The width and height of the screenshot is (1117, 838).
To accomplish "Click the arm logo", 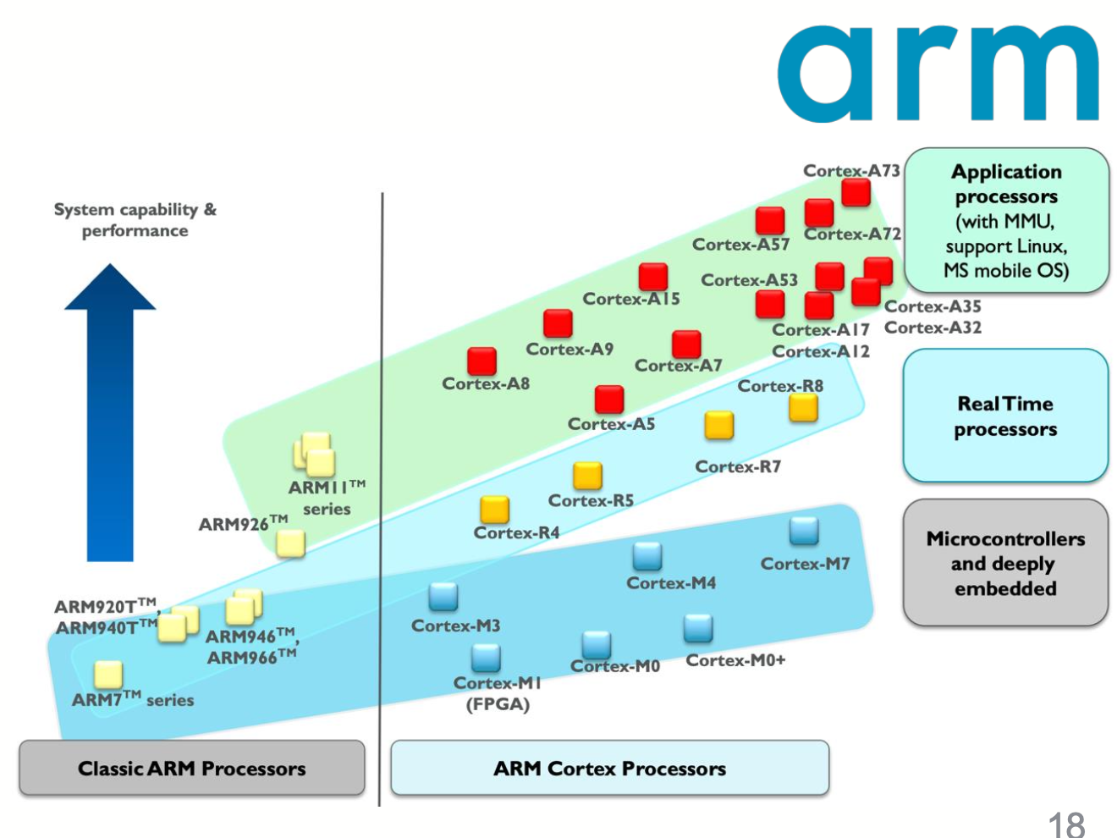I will coord(938,74).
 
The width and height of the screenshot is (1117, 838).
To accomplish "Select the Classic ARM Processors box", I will coord(192,768).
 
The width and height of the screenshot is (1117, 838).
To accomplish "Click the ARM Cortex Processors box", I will coord(609,768).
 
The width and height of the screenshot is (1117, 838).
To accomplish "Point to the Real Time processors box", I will coord(1005,416).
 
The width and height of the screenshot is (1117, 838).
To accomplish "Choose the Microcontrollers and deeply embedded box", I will coord(1005,563).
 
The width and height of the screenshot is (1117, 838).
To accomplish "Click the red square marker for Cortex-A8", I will coord(481,361).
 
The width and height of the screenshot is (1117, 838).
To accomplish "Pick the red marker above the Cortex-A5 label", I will coord(609,399).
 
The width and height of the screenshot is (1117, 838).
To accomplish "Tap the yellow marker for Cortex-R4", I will coord(495,509).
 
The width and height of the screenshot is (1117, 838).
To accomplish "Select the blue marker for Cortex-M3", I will coord(443,596).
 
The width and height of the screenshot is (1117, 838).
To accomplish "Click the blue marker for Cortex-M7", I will coord(804,531).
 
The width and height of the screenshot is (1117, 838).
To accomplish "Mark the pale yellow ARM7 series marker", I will coord(108,675).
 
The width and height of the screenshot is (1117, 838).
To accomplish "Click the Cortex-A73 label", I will coord(850,170).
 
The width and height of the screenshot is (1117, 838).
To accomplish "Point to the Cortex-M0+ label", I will coord(735,660).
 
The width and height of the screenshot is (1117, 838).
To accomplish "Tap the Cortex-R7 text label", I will coord(738,466).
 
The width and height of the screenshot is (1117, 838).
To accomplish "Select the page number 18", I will coord(1066,824).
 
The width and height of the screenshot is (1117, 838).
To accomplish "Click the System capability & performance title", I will coord(135,219).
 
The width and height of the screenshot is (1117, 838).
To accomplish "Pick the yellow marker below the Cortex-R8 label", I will coord(803,408).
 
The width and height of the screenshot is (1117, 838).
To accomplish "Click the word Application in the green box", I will coord(1006,172).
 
